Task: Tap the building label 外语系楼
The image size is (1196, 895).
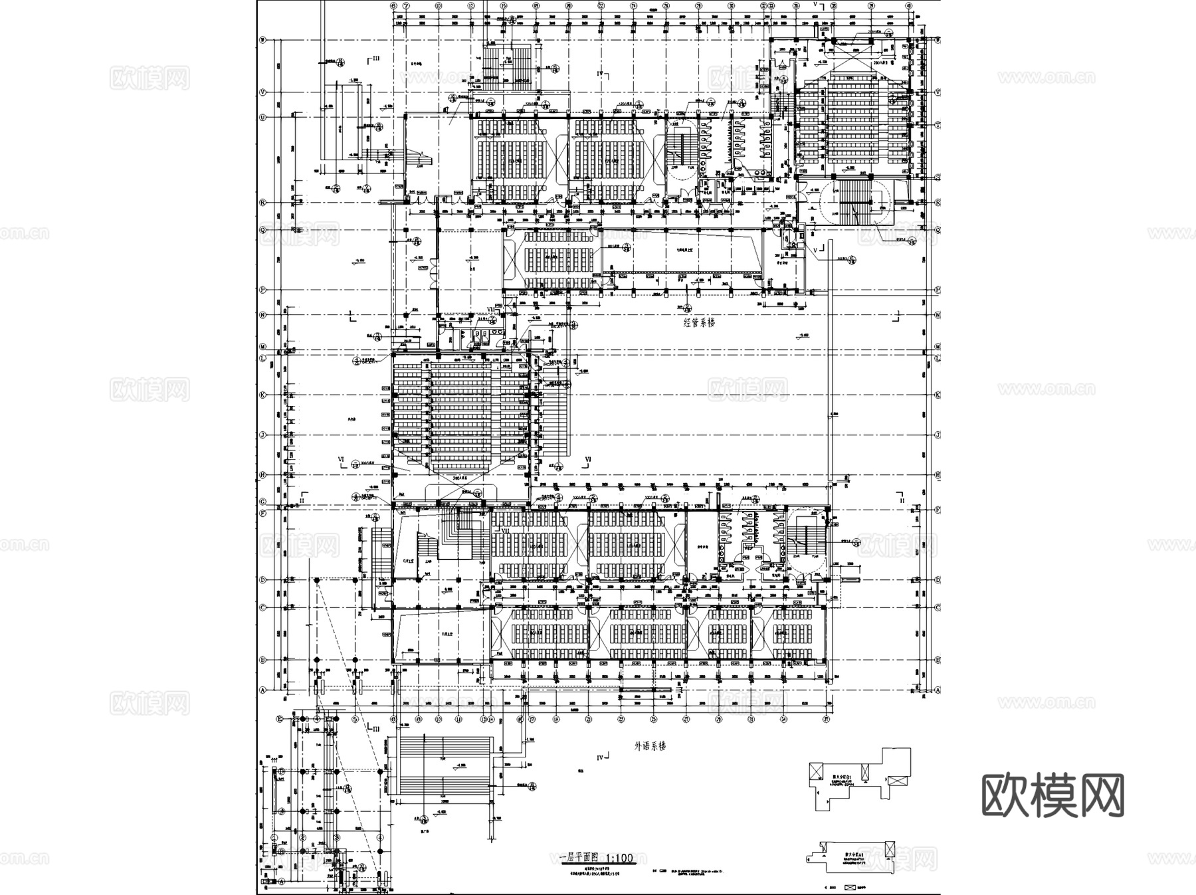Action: click(x=649, y=746)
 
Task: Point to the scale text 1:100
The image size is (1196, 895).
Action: click(x=619, y=858)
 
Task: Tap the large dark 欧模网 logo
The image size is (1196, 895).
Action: click(x=1052, y=795)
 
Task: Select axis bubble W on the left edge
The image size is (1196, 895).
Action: click(x=262, y=40)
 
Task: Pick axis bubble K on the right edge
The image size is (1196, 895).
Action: click(x=938, y=395)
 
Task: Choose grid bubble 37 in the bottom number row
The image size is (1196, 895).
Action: click(x=826, y=719)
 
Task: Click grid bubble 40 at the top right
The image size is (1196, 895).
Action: click(x=908, y=6)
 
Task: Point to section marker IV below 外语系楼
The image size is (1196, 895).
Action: click(x=602, y=757)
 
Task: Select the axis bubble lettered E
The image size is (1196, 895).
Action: click(x=280, y=719)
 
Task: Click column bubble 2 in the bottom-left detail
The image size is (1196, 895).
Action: click(x=302, y=838)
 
